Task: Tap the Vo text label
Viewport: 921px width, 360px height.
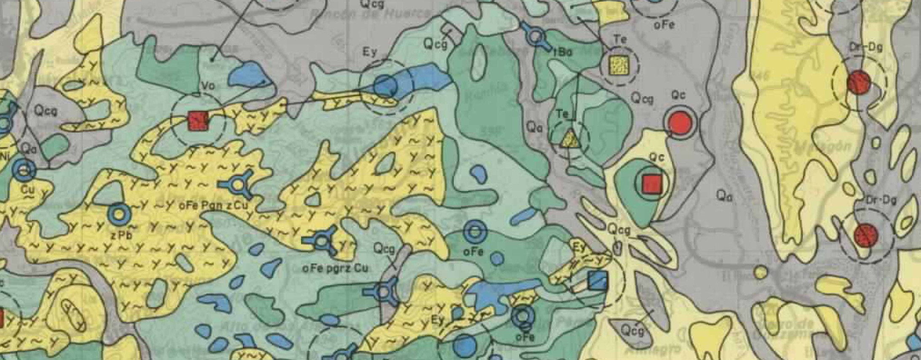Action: coord(208,86)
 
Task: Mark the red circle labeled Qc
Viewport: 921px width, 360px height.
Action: coord(679,123)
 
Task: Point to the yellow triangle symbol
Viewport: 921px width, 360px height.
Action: coord(570,139)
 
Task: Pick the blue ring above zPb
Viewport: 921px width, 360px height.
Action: coord(119,214)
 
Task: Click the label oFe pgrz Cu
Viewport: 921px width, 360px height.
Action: coord(335,268)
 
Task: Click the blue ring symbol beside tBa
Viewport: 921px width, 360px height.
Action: coord(536,37)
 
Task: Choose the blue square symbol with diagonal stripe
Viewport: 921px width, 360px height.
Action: coord(597,281)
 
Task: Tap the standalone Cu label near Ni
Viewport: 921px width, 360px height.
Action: coord(28,189)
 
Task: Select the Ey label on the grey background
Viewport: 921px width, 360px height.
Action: coord(369,52)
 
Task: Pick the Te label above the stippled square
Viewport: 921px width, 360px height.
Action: coord(620,40)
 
